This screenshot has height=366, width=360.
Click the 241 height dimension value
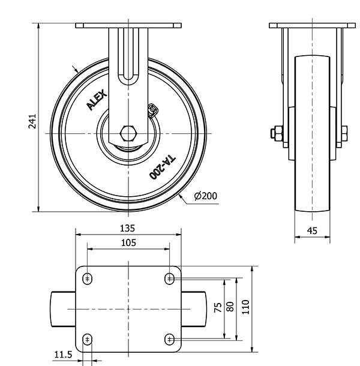point(32,121)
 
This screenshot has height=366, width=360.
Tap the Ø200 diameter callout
point(205,196)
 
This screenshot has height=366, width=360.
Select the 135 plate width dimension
point(127,228)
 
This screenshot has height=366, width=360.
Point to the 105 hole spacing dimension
point(128,243)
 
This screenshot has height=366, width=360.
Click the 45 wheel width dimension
point(312,231)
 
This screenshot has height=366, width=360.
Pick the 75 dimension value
point(218,307)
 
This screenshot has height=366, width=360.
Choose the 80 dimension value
point(230,307)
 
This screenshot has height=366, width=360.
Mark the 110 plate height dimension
point(245,307)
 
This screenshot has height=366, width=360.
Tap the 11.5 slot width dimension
point(63,355)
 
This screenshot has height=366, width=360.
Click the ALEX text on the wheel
point(97,100)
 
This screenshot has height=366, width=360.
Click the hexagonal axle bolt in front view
point(128,134)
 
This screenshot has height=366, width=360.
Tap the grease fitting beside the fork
point(152,110)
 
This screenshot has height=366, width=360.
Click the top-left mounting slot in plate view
point(88,278)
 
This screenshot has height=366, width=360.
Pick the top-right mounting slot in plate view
point(169,278)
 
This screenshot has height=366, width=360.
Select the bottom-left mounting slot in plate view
point(88,340)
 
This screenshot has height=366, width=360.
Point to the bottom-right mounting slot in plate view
point(169,340)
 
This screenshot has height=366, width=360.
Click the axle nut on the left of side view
point(277,133)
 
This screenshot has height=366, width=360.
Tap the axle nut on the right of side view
point(344,133)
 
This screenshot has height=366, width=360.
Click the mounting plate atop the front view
point(128,25)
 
